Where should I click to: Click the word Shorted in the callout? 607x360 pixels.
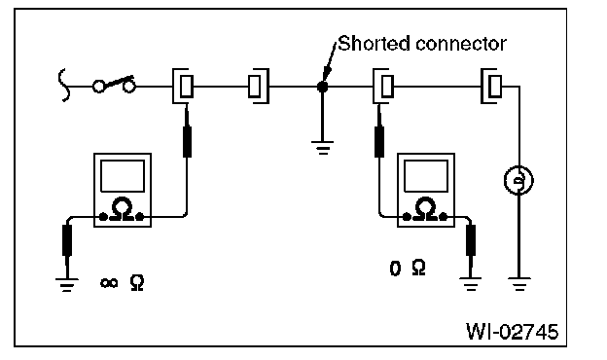[375, 44]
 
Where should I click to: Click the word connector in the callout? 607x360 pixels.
[461, 44]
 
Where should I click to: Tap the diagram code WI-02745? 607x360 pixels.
[512, 332]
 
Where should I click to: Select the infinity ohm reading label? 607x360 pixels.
[122, 282]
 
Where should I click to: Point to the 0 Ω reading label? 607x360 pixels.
[408, 268]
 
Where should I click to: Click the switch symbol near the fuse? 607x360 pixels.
[114, 84]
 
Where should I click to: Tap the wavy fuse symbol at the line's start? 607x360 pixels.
[64, 86]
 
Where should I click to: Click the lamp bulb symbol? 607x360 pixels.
[518, 180]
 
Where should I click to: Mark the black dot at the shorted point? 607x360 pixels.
[323, 87]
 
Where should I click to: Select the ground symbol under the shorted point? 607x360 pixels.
[322, 148]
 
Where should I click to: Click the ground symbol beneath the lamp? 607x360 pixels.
[519, 284]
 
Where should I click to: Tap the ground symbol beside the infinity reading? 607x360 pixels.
[67, 284]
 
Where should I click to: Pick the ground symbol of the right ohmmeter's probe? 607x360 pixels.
[471, 284]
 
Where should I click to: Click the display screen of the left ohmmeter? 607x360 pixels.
[123, 176]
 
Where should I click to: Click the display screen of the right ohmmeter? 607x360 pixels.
[426, 176]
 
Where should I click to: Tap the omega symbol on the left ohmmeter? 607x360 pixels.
[122, 209]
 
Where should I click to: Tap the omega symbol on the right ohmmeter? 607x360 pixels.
[425, 209]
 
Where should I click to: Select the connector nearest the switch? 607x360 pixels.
[183, 86]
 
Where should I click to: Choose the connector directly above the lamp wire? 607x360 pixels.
[491, 86]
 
